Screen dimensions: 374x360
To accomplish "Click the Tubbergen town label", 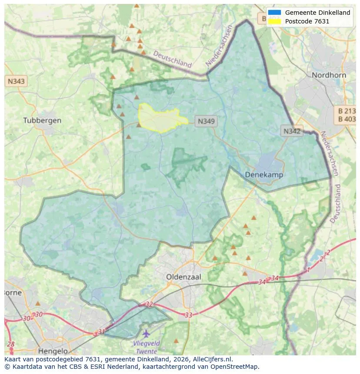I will [x=42, y=120].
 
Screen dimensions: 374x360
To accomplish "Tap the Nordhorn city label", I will [x=329, y=75].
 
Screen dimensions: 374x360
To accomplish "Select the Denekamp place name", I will [x=264, y=175].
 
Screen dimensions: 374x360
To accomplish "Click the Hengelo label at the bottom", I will [x=53, y=351].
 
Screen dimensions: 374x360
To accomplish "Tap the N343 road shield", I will [x=16, y=81].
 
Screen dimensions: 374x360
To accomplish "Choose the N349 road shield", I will [x=206, y=121].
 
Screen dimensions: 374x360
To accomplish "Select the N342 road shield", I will [x=292, y=131].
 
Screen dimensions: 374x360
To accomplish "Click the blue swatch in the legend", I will [x=275, y=13].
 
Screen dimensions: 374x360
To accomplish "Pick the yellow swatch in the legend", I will [x=275, y=21].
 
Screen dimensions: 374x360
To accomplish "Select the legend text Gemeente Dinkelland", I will [x=317, y=13].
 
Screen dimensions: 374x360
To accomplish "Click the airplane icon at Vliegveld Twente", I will [x=146, y=334].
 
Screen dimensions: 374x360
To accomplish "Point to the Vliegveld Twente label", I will [x=147, y=347].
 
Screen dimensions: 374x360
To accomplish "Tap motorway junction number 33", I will [x=188, y=315].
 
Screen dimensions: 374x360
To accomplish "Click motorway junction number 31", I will [x=102, y=331].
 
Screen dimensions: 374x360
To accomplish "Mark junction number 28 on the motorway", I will [x=11, y=344].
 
